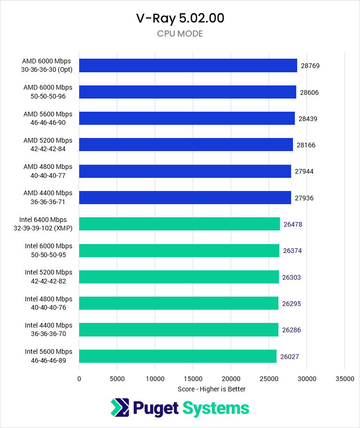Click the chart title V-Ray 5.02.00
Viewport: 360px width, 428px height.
(x=180, y=18)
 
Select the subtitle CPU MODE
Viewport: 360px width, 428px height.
(x=180, y=34)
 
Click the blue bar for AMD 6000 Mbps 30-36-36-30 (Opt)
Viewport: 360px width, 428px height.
(x=188, y=66)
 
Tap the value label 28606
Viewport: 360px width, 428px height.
(x=309, y=92)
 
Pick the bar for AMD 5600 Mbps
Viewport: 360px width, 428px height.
(x=187, y=118)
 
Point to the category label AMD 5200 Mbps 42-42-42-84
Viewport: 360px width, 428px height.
(x=48, y=145)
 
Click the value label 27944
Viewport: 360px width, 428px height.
(x=304, y=171)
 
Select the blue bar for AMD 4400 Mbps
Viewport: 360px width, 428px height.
(x=185, y=198)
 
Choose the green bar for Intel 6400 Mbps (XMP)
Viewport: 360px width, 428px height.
(x=179, y=224)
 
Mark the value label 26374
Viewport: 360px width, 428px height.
(x=292, y=251)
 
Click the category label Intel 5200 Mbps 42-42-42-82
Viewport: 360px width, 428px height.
(x=48, y=276)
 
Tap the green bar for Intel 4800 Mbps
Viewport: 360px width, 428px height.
(x=179, y=303)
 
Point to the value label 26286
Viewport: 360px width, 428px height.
(x=292, y=330)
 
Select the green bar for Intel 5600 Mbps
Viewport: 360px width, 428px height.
(x=178, y=356)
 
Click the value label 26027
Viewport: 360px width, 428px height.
(x=290, y=357)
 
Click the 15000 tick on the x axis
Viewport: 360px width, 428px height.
(x=193, y=378)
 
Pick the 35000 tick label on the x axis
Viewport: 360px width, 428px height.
(x=345, y=378)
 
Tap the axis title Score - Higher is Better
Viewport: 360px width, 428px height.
(x=211, y=389)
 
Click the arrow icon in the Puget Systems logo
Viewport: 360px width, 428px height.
(x=120, y=408)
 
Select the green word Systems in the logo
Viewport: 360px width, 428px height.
(x=216, y=408)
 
